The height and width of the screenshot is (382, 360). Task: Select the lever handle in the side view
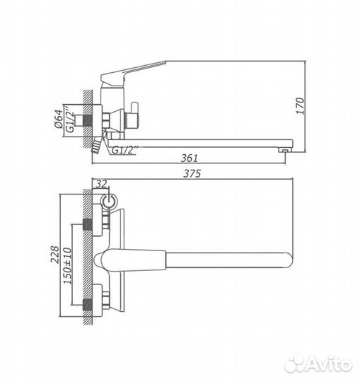[x=134, y=74]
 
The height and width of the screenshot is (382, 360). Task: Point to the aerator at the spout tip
[x=285, y=149]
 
